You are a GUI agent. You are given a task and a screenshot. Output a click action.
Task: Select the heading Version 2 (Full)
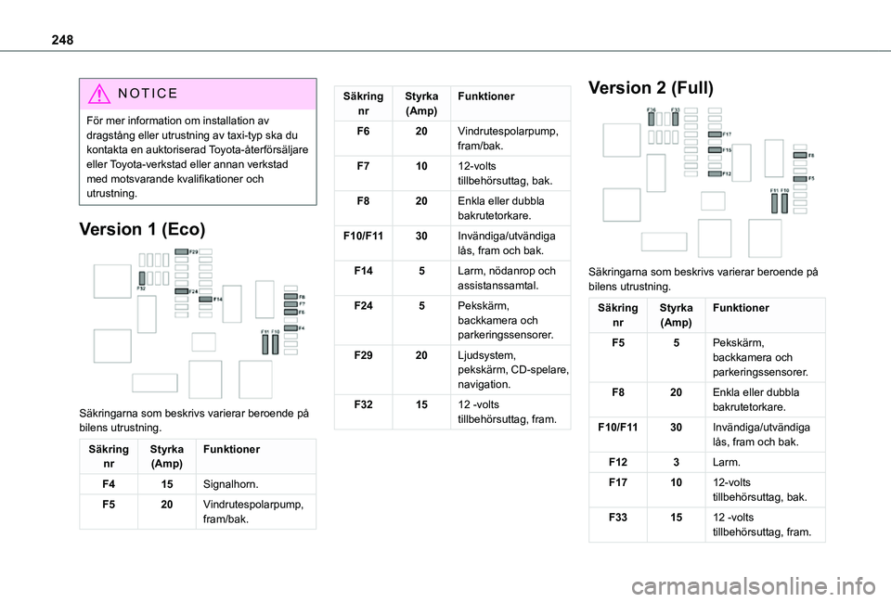[x=651, y=88]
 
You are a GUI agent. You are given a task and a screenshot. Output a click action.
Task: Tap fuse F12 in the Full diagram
[x=713, y=173]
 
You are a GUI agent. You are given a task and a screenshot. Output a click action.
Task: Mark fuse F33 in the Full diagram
[x=675, y=120]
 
